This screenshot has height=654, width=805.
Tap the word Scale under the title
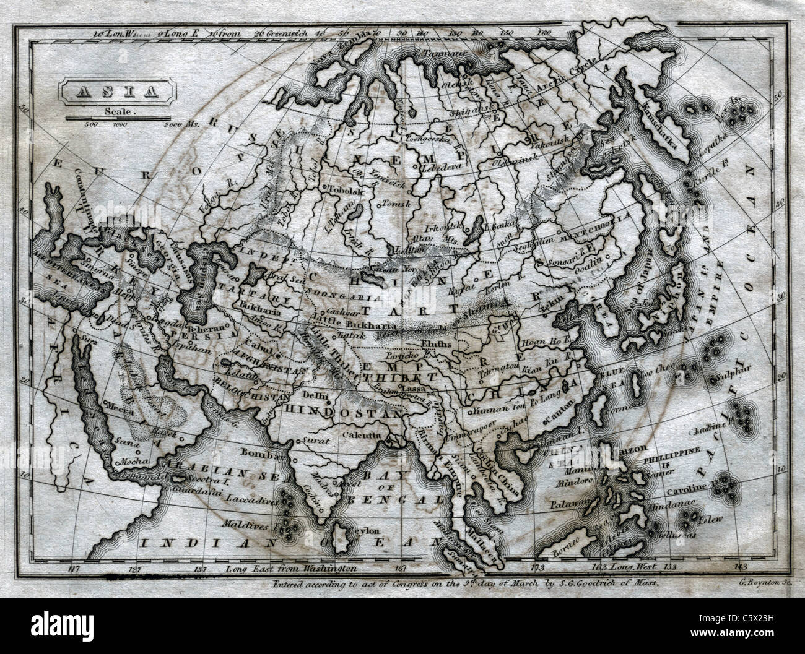(116, 112)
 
